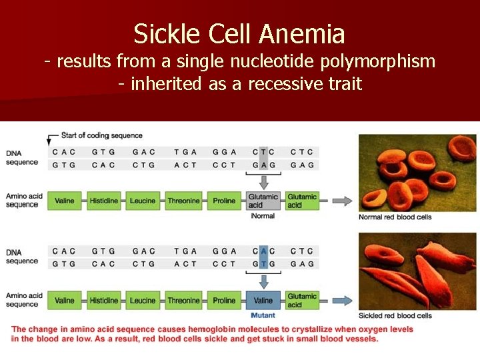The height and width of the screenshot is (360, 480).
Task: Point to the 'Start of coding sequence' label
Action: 102,136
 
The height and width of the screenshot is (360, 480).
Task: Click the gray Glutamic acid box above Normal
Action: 263,201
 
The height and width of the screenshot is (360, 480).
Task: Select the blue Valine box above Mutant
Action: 263,301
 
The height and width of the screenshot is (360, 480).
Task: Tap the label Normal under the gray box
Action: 263,216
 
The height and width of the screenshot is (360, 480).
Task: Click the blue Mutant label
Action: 263,315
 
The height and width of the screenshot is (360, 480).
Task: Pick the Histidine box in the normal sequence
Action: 104,201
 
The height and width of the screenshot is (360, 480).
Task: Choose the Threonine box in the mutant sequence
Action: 183,301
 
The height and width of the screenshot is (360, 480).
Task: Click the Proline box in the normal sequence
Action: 224,201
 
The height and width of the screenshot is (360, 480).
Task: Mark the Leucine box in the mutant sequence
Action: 143,301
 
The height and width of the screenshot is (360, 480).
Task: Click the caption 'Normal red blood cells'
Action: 395,217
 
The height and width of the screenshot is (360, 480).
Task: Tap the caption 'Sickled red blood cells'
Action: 395,316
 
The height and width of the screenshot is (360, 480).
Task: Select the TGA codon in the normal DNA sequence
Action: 185,151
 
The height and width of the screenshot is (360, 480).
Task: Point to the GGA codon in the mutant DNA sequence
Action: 224,251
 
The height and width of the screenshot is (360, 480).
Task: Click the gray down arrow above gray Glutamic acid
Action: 263,181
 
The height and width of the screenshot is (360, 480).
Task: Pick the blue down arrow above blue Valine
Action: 263,281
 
